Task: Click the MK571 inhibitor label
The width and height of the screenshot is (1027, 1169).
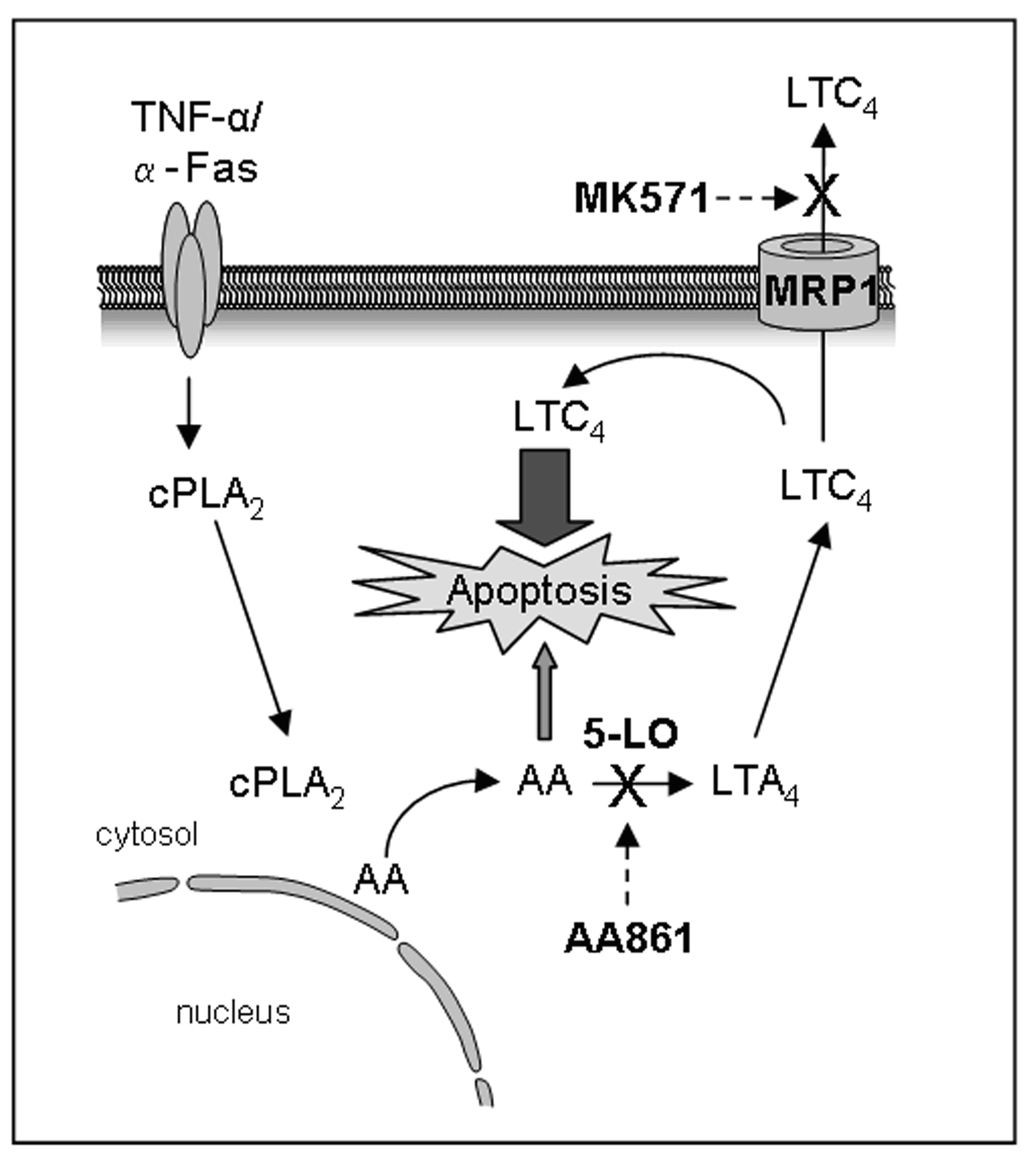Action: pos(641,200)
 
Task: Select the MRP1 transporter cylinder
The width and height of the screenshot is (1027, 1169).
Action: pos(818,283)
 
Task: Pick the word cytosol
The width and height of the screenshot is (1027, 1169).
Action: pos(147,835)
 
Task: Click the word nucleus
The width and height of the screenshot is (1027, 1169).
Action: pos(233,1013)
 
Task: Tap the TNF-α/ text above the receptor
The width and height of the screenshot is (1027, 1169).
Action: pos(197,117)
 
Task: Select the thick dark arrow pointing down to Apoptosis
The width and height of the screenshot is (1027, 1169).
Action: pos(544,495)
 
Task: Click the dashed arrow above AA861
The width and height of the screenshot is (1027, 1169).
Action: pos(628,864)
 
